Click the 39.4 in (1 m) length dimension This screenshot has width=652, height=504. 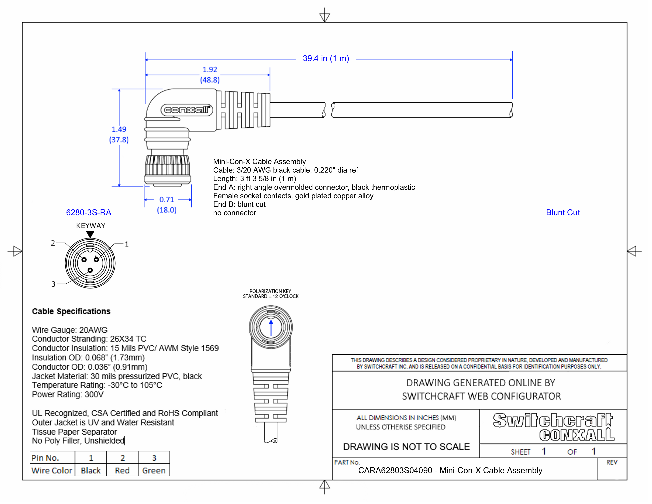(x=326, y=59)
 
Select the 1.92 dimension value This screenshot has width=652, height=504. (x=210, y=70)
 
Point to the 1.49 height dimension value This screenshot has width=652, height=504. (x=119, y=129)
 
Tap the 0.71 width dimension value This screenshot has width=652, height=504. (x=166, y=199)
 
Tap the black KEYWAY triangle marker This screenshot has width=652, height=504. (x=90, y=234)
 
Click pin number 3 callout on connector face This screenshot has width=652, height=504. (x=53, y=284)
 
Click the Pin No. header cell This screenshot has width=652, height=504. (x=45, y=458)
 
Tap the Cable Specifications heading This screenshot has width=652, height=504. (x=71, y=311)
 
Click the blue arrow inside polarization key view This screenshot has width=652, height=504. (x=271, y=328)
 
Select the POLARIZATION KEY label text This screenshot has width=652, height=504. (x=270, y=291)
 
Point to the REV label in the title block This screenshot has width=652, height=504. (x=611, y=462)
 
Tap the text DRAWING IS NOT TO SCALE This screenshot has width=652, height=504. (x=406, y=447)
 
